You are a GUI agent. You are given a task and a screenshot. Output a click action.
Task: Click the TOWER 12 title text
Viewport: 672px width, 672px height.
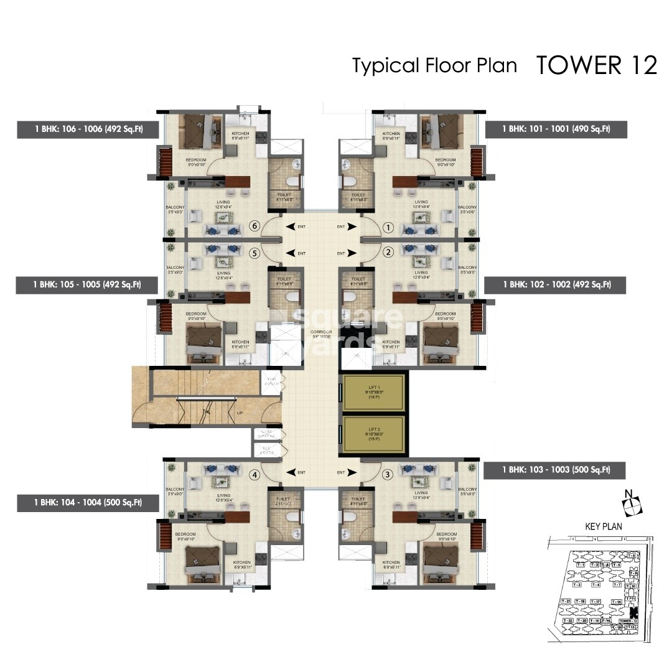point(597,65)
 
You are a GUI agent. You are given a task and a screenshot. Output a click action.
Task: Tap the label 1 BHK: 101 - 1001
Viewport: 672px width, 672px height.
point(556,129)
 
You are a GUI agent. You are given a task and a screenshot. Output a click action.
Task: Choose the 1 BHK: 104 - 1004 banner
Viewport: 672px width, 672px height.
point(88,502)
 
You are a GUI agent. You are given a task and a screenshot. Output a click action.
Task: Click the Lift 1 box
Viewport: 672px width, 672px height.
point(373,393)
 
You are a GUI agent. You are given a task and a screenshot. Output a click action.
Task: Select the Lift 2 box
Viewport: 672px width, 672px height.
point(373,434)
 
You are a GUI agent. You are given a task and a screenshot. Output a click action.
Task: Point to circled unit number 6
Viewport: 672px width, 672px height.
point(253,227)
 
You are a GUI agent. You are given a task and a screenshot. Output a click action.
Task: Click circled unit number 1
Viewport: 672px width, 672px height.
point(388,228)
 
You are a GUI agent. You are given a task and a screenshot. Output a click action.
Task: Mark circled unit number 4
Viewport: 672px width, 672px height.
point(253,475)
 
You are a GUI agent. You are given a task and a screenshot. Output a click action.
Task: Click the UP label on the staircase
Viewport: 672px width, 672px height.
point(240,412)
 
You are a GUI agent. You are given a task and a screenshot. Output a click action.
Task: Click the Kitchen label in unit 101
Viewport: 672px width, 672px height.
point(391,134)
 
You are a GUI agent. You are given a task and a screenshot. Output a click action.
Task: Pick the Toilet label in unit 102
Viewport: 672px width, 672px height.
point(358,279)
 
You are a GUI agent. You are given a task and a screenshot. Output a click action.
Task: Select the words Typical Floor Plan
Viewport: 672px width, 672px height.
point(434,65)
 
